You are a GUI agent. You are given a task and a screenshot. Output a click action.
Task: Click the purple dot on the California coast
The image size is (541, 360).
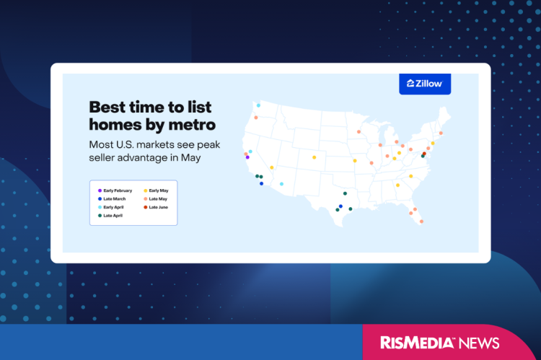[247, 157]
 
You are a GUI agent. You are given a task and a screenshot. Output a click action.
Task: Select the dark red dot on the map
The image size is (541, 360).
[424, 153]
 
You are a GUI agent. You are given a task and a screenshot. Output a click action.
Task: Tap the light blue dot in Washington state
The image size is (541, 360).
[258, 105]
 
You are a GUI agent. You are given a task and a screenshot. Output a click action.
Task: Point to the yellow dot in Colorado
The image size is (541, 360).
[314, 157]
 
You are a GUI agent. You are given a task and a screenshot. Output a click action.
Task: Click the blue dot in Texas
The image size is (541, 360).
[340, 206]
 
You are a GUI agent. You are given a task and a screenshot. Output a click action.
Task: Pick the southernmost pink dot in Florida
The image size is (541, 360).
[421, 221]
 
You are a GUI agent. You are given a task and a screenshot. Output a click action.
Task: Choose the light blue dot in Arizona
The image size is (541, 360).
[281, 184]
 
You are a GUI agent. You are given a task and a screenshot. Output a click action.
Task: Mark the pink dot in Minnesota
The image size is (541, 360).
[359, 132]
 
